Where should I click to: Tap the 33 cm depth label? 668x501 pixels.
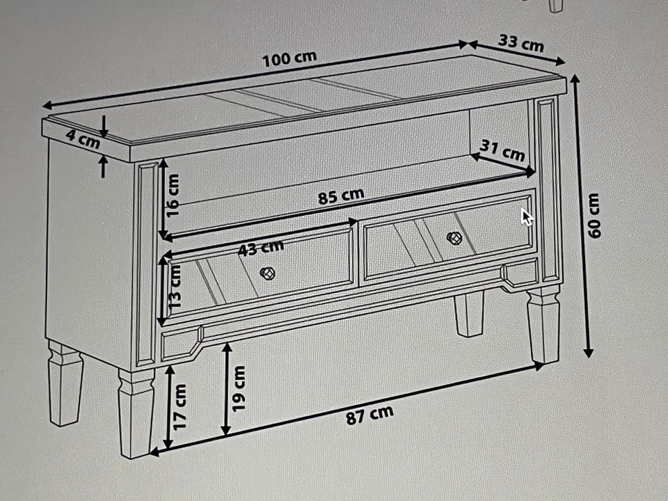(521, 43)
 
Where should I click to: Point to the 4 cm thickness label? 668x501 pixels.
(83, 139)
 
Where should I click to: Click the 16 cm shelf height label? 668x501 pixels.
(173, 195)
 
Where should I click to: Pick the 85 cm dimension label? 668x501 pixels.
(341, 196)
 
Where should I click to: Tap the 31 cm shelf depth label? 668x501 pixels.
(502, 150)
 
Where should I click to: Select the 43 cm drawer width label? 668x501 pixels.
(260, 248)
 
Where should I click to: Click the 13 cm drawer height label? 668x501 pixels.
(174, 287)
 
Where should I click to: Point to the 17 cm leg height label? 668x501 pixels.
(180, 407)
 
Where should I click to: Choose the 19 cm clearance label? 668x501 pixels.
(239, 388)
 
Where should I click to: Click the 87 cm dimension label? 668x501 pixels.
(369, 415)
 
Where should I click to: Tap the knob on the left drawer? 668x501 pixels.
(267, 273)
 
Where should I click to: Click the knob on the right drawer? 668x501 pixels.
(454, 238)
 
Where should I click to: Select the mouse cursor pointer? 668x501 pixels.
(527, 217)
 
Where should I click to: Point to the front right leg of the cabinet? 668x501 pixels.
(543, 324)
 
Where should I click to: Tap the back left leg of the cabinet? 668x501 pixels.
(64, 382)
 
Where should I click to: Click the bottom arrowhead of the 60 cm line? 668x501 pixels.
(589, 352)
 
